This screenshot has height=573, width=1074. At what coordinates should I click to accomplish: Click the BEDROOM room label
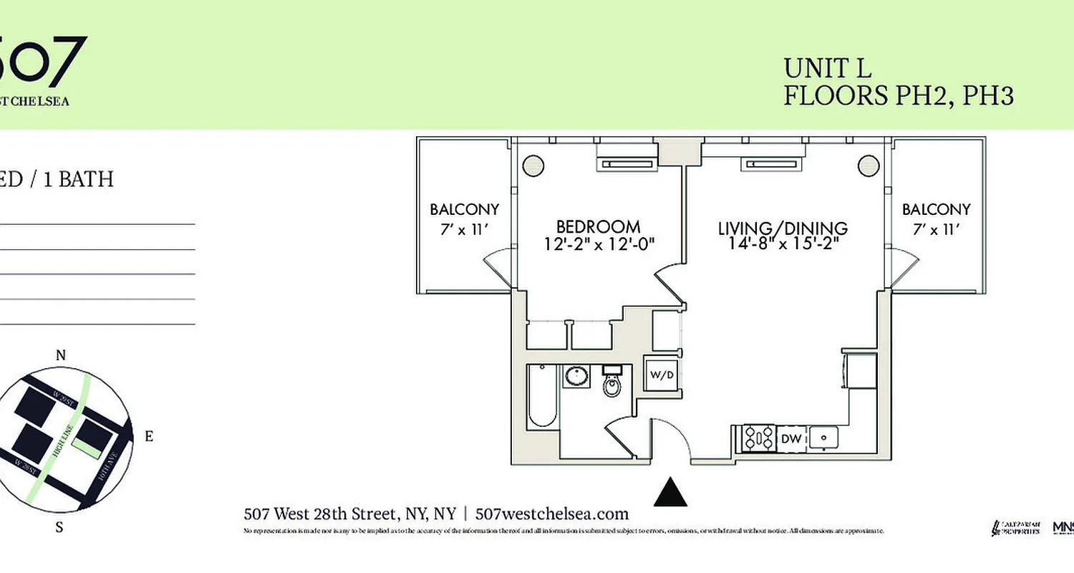point(598,227)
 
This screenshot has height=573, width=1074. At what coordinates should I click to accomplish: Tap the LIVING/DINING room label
point(783,228)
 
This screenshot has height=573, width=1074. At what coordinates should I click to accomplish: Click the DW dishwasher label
point(790,438)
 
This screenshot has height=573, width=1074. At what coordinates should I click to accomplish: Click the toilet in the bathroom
point(611,385)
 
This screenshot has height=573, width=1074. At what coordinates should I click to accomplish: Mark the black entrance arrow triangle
point(671,493)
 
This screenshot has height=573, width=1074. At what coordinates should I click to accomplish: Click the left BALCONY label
point(464,209)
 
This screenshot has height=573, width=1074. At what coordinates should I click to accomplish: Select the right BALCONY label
point(936,209)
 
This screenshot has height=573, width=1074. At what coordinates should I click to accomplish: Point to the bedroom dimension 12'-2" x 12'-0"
point(599,244)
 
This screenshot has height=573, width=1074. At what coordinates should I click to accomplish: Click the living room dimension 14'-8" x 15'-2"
point(783,244)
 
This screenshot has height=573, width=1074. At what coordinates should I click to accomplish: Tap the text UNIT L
point(827,68)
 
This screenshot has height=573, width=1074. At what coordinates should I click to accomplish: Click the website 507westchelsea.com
point(551,514)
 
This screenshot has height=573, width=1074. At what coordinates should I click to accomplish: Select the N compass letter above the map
point(61,355)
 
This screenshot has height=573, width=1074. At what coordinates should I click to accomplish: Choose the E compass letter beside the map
point(148,436)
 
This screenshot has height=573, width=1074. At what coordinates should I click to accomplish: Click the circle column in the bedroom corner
point(533,165)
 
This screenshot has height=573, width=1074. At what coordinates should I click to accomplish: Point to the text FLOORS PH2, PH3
point(898,95)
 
